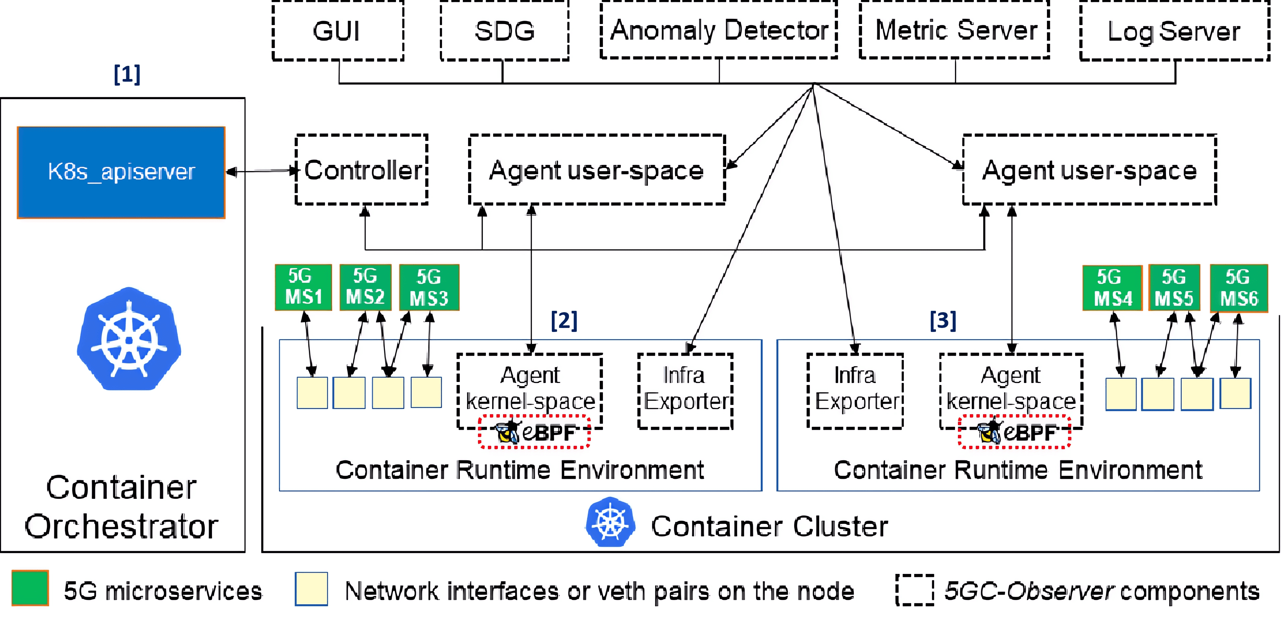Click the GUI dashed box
338,31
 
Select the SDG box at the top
504,31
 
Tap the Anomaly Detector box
719,30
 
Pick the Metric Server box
954,30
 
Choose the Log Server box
1174,31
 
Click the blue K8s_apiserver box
121,172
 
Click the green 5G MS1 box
303,287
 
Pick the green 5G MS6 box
1238,288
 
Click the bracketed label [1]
127,74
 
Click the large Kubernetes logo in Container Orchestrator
129,339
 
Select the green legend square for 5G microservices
30,588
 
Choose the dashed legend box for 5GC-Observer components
914,590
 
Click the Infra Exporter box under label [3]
855,391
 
